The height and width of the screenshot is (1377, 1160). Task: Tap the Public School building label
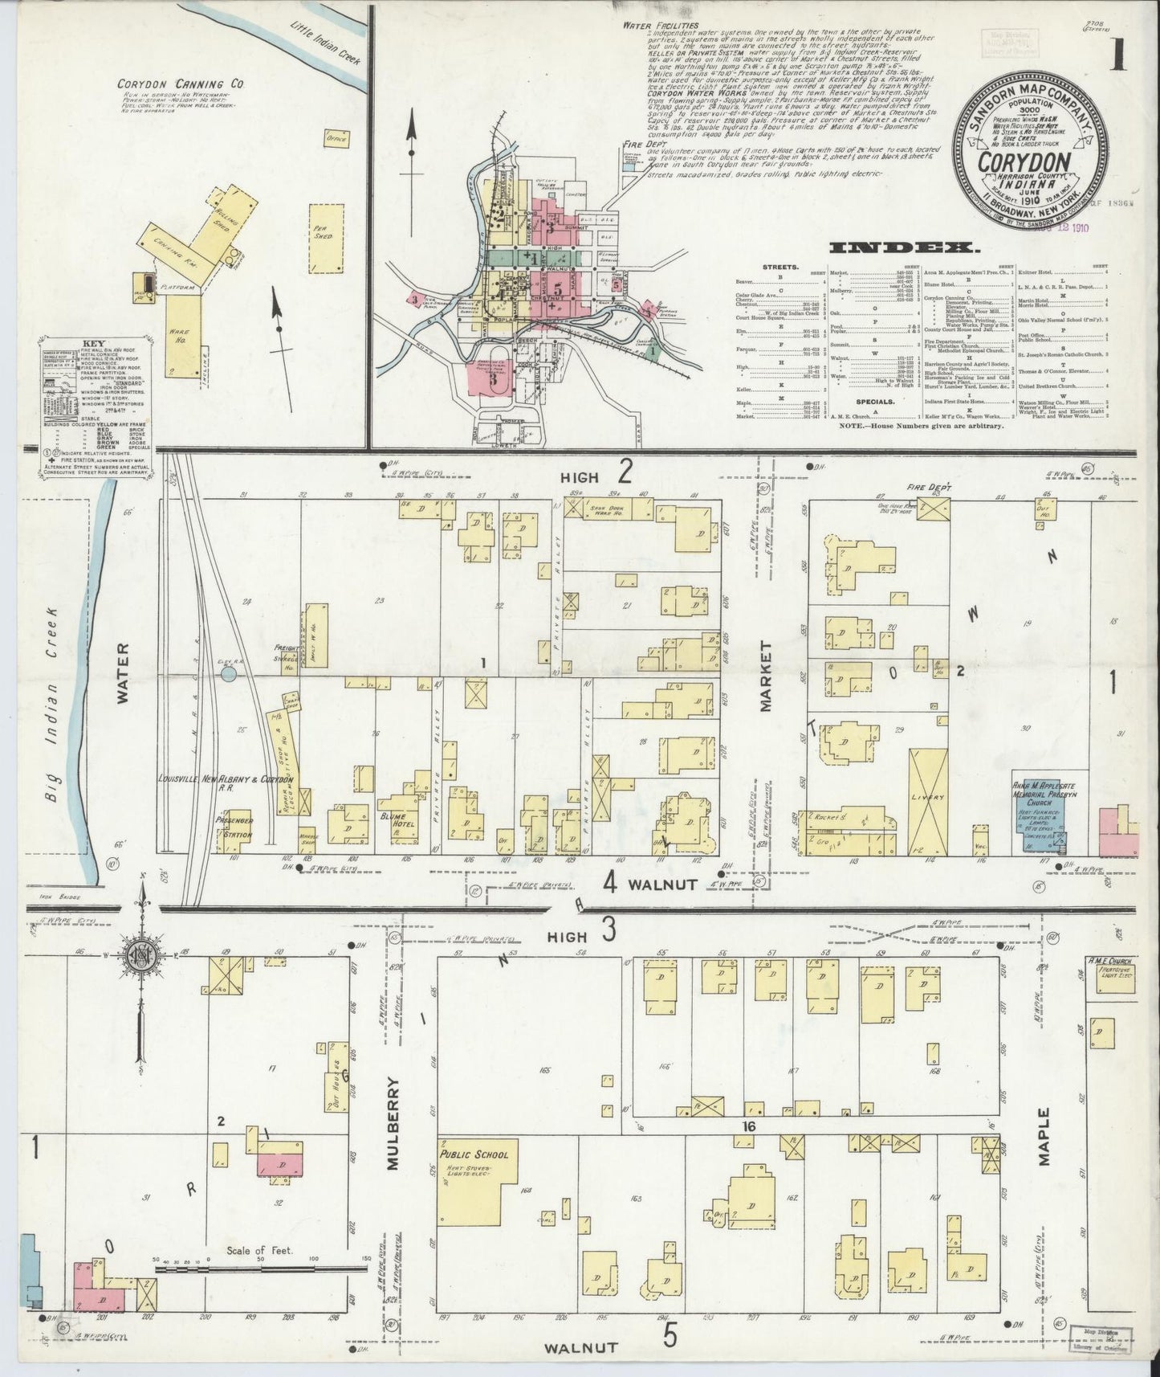pyautogui.click(x=473, y=1154)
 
